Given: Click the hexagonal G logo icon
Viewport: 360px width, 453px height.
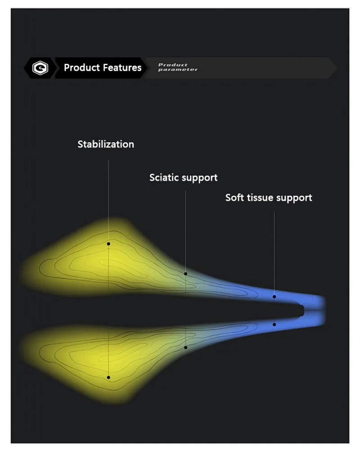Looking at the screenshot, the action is pos(40,68).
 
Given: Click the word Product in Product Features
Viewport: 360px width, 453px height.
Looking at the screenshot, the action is pos(82,68).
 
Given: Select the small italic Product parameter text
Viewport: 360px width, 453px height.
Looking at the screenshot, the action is pos(178,67).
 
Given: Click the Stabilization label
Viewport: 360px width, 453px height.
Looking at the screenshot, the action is pos(106,144).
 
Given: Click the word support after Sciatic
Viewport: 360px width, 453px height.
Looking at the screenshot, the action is pos(201,178).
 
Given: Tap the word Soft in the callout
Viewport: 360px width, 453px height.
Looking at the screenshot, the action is pos(235,198).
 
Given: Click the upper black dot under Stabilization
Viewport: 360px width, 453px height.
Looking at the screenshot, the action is pos(108,244).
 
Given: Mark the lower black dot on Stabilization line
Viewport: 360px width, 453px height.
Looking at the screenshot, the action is pos(108,377).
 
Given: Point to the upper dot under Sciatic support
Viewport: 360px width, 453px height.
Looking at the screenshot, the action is pos(186,274).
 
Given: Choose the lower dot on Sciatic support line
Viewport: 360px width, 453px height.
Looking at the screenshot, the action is pos(186,347).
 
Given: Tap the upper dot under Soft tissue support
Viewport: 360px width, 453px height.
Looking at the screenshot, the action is pos(274,297).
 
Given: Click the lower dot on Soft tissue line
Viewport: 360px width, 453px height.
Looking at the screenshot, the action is pos(274,324).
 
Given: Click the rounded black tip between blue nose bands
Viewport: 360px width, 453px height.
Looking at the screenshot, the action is pos(302,311).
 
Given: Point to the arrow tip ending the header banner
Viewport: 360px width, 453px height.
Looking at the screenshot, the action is pos(337,68).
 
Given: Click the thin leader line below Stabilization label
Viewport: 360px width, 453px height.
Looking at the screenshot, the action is pos(108,201).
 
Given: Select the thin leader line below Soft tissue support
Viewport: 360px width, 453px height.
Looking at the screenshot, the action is pos(274,254).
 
